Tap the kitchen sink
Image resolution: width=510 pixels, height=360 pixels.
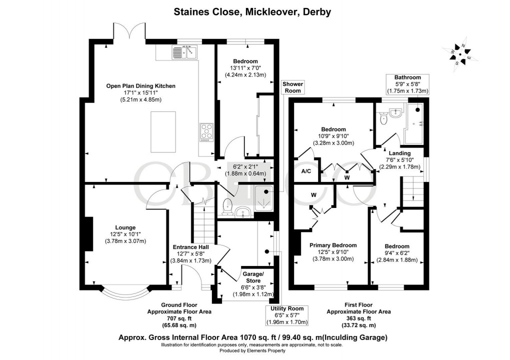185,51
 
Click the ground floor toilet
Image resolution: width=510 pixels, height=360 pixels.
227,206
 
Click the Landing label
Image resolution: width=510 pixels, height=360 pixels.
400,153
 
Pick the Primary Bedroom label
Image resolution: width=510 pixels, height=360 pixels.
333,245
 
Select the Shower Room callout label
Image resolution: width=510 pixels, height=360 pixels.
293,87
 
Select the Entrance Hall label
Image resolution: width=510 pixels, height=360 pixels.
191,247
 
